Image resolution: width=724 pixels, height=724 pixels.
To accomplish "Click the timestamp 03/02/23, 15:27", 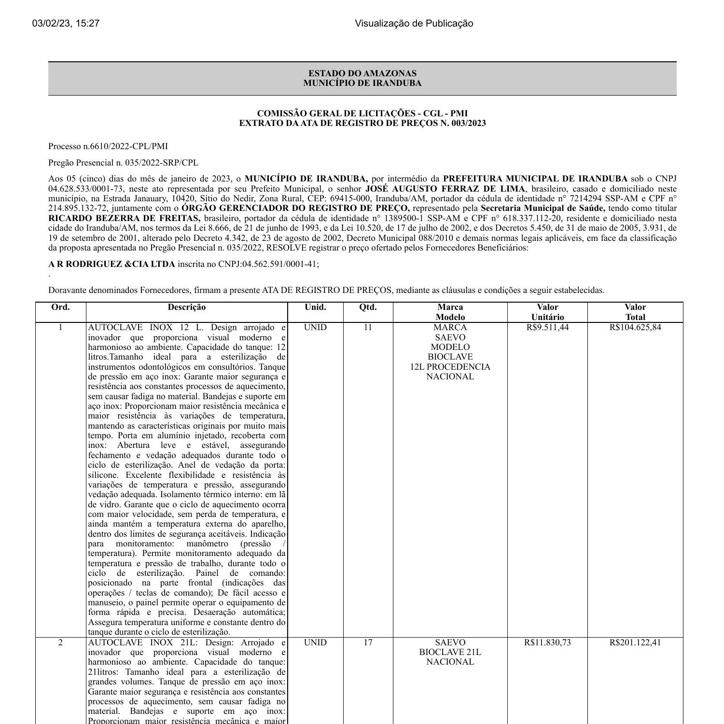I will (x=66, y=23).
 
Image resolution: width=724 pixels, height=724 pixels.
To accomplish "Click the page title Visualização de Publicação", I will (x=414, y=23).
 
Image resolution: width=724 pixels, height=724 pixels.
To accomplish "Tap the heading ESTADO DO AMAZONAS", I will (x=362, y=73).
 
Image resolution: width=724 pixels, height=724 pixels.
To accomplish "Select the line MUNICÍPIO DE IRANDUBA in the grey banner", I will (x=362, y=83).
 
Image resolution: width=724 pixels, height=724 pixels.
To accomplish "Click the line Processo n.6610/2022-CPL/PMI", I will (x=108, y=146).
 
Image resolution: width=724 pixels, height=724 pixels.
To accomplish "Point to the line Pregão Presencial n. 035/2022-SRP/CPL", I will (x=123, y=163).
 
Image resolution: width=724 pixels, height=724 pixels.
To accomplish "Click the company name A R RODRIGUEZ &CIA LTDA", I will (x=111, y=264).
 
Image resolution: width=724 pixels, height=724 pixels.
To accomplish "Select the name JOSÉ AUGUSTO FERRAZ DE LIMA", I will (x=445, y=189).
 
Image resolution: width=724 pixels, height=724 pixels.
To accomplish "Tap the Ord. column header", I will (x=60, y=307).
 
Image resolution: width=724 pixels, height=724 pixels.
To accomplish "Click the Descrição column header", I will (x=186, y=307).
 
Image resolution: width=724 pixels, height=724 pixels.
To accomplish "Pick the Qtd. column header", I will (x=368, y=307).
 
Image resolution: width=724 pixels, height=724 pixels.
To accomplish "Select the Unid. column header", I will (x=315, y=307).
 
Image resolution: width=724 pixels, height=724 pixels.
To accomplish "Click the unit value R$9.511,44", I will (x=547, y=327).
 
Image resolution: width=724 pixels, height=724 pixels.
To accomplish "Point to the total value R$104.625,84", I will (x=635, y=327).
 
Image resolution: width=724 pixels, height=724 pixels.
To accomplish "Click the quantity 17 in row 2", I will (x=368, y=642).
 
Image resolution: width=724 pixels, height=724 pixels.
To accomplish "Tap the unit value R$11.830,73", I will (x=547, y=642).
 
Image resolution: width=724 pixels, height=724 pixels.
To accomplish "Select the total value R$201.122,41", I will (x=635, y=642).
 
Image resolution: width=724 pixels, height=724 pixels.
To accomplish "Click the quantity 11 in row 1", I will (x=368, y=327).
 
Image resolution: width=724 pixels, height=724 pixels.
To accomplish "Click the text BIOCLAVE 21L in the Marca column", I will (x=450, y=652).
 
